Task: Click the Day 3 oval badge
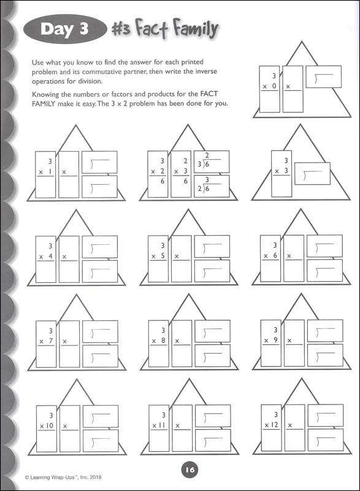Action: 65,29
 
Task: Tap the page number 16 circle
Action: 190,470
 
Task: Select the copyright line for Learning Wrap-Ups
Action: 63,477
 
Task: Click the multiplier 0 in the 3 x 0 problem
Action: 274,86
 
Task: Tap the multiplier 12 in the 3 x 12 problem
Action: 275,425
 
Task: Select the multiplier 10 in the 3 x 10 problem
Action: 50,425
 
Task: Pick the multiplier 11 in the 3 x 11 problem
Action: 162,425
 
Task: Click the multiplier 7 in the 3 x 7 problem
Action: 51,341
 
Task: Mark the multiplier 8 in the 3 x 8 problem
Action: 163,341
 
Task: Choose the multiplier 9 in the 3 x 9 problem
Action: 275,340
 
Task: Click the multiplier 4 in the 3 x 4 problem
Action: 50,256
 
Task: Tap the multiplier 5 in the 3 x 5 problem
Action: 163,255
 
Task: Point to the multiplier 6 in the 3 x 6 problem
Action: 275,255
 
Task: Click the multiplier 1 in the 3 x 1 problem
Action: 50,172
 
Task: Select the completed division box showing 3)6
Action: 212,161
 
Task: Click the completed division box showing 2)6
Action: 212,187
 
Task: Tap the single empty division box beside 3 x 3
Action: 312,174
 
